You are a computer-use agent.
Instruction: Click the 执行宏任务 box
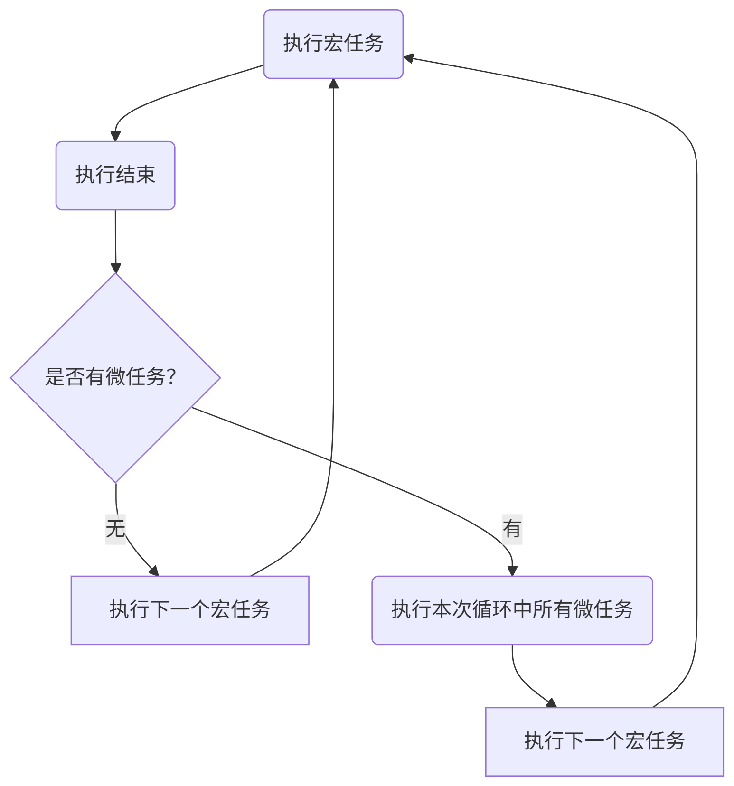click(333, 44)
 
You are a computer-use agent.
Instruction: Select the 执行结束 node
click(115, 175)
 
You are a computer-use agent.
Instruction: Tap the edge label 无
click(115, 529)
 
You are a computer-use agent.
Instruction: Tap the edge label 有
click(512, 529)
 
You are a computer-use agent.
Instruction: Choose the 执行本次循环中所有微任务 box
click(512, 610)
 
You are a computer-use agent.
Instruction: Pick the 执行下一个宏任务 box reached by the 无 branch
click(190, 610)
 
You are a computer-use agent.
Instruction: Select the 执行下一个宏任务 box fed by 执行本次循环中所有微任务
click(604, 741)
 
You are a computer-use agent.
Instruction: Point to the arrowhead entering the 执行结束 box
click(115, 136)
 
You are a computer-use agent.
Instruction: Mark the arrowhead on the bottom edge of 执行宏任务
click(333, 84)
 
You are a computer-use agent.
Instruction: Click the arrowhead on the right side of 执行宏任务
click(409, 58)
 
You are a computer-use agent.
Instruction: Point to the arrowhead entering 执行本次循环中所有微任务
click(512, 571)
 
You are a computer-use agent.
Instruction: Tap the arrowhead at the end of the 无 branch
click(154, 571)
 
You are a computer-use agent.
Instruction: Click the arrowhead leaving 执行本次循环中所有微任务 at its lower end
click(551, 703)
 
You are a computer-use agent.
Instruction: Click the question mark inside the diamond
click(172, 377)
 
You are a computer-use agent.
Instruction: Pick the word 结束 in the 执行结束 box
click(135, 175)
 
